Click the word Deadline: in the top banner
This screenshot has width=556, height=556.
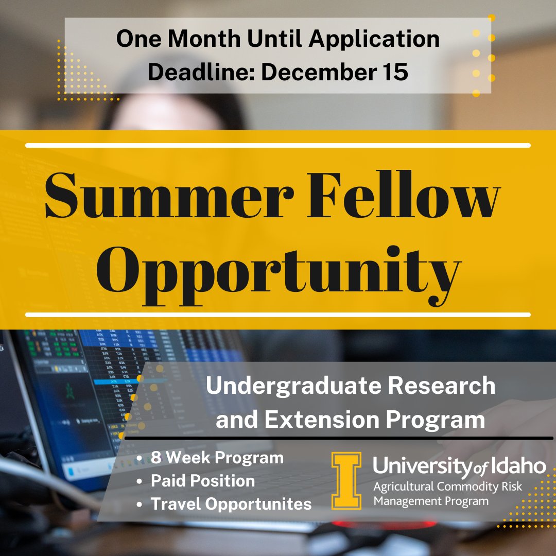tap(201, 72)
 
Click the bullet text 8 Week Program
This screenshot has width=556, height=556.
tap(217, 457)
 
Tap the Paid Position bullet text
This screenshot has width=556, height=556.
tap(203, 481)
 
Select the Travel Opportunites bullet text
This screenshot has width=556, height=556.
tap(231, 503)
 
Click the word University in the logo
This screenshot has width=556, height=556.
tap(421, 466)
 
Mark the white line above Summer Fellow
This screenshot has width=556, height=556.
tap(278, 145)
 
